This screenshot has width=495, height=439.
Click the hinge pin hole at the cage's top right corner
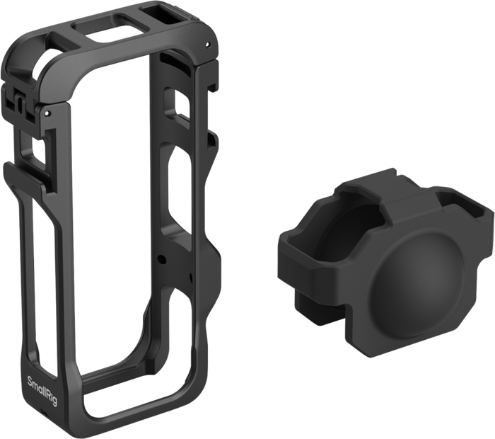pos(207,45)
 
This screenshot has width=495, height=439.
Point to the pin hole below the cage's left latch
pos(47,113)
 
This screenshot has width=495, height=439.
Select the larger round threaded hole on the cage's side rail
pos(162,260)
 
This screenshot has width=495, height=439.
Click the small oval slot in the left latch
pos(20,103)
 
